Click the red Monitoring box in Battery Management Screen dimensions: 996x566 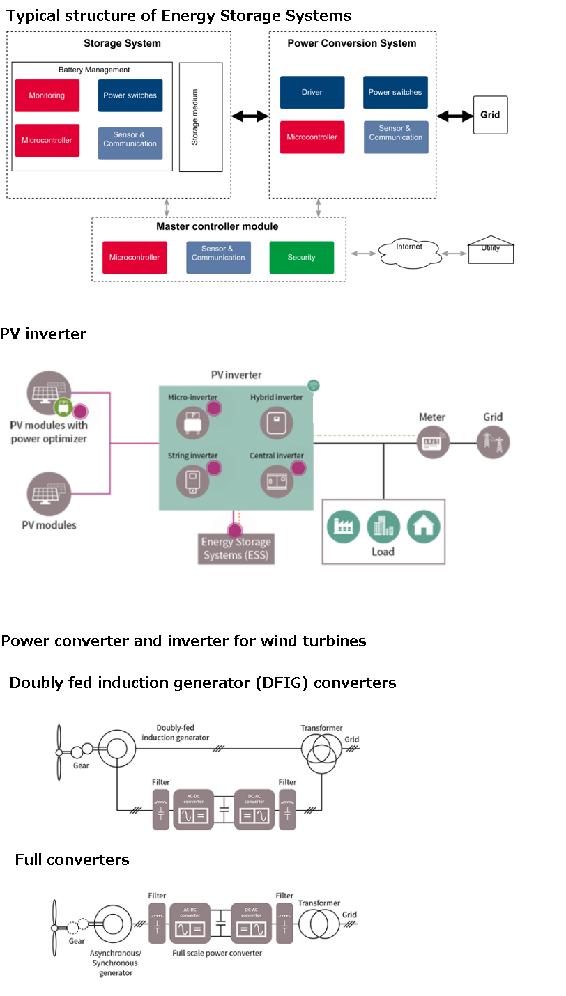[47, 95]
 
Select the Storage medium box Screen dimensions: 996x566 [201, 116]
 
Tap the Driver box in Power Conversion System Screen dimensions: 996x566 [312, 92]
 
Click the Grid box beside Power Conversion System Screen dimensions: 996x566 [490, 115]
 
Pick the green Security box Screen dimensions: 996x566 [301, 258]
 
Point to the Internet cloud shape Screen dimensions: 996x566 [409, 252]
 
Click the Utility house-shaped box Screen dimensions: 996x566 [491, 251]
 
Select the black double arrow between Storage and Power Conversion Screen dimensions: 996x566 [250, 116]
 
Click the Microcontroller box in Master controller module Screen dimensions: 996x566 [135, 258]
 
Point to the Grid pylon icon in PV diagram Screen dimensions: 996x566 [493, 442]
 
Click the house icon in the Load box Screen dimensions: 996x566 [424, 527]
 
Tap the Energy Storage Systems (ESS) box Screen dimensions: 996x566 [236, 548]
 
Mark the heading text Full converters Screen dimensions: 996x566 [72, 859]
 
